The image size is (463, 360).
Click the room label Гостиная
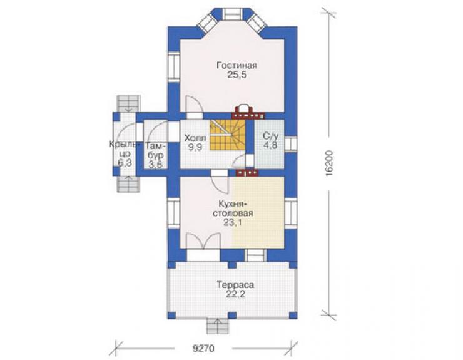237,65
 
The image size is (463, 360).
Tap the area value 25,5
237,75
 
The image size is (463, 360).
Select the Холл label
195,138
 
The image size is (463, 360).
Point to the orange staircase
228,135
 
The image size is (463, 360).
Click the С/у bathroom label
270,136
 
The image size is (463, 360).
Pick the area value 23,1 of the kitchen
233,222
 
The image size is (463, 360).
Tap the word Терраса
235,285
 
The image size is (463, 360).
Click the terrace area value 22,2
235,294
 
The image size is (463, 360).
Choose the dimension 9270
203,348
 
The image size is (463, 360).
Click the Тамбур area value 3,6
155,164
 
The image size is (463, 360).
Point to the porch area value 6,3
125,162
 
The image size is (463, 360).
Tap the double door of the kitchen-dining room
204,242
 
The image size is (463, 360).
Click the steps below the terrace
218,326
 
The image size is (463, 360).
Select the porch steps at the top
128,103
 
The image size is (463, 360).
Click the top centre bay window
232,14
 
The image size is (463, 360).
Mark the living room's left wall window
174,67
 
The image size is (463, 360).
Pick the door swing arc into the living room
194,104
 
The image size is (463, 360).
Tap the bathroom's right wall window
291,144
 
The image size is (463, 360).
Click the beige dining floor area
258,211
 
